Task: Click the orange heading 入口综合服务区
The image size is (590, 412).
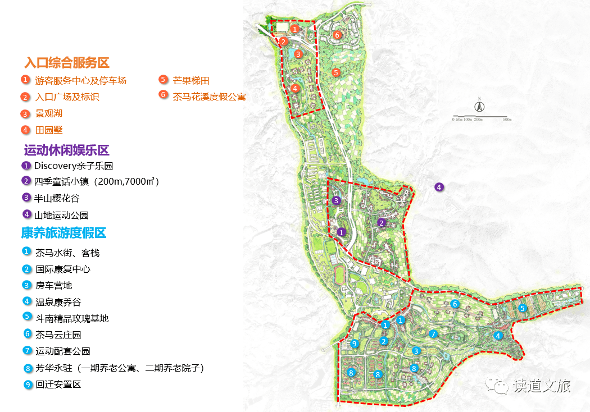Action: (66, 62)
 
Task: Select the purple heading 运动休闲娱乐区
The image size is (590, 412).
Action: (66, 150)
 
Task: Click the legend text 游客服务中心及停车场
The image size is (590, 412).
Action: (80, 81)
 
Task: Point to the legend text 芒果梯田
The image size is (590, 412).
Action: (191, 81)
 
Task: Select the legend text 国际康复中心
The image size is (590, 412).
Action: (62, 269)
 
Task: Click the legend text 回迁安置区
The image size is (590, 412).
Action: (58, 384)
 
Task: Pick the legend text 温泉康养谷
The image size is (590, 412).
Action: (58, 302)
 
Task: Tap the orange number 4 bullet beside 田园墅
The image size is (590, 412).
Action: (25, 130)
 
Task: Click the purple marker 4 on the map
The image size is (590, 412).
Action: (439, 187)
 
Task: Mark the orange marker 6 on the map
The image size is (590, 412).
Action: (337, 35)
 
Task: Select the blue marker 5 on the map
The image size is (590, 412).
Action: (522, 308)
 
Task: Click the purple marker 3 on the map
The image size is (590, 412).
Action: (336, 200)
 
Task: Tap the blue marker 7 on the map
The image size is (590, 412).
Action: (433, 334)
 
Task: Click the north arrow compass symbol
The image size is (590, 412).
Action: (480, 107)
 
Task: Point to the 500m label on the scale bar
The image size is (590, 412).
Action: (507, 120)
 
